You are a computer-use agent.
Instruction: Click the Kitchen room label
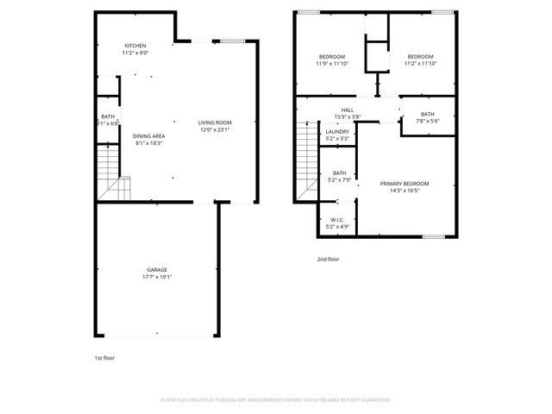(135, 46)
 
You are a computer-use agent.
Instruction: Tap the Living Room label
(216, 122)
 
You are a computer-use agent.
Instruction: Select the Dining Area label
(148, 136)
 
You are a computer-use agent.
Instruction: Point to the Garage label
(156, 270)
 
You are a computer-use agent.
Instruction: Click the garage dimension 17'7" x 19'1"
(156, 278)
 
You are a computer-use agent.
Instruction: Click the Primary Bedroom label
(405, 184)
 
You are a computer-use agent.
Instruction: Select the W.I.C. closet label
(337, 220)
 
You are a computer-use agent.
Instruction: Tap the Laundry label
(337, 131)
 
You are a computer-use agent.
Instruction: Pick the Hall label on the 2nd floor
(348, 110)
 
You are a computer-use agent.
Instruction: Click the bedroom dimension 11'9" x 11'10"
(332, 64)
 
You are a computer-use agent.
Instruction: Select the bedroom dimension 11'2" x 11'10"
(422, 64)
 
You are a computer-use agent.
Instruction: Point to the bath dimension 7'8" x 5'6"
(428, 121)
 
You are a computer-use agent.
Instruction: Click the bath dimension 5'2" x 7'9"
(339, 180)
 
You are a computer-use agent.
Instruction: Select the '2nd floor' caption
(328, 259)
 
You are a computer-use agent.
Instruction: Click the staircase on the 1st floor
(109, 172)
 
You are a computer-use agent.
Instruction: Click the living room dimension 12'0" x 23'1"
(216, 130)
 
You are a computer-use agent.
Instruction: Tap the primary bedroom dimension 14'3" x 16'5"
(405, 191)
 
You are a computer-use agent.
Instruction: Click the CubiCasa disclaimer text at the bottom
(276, 399)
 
